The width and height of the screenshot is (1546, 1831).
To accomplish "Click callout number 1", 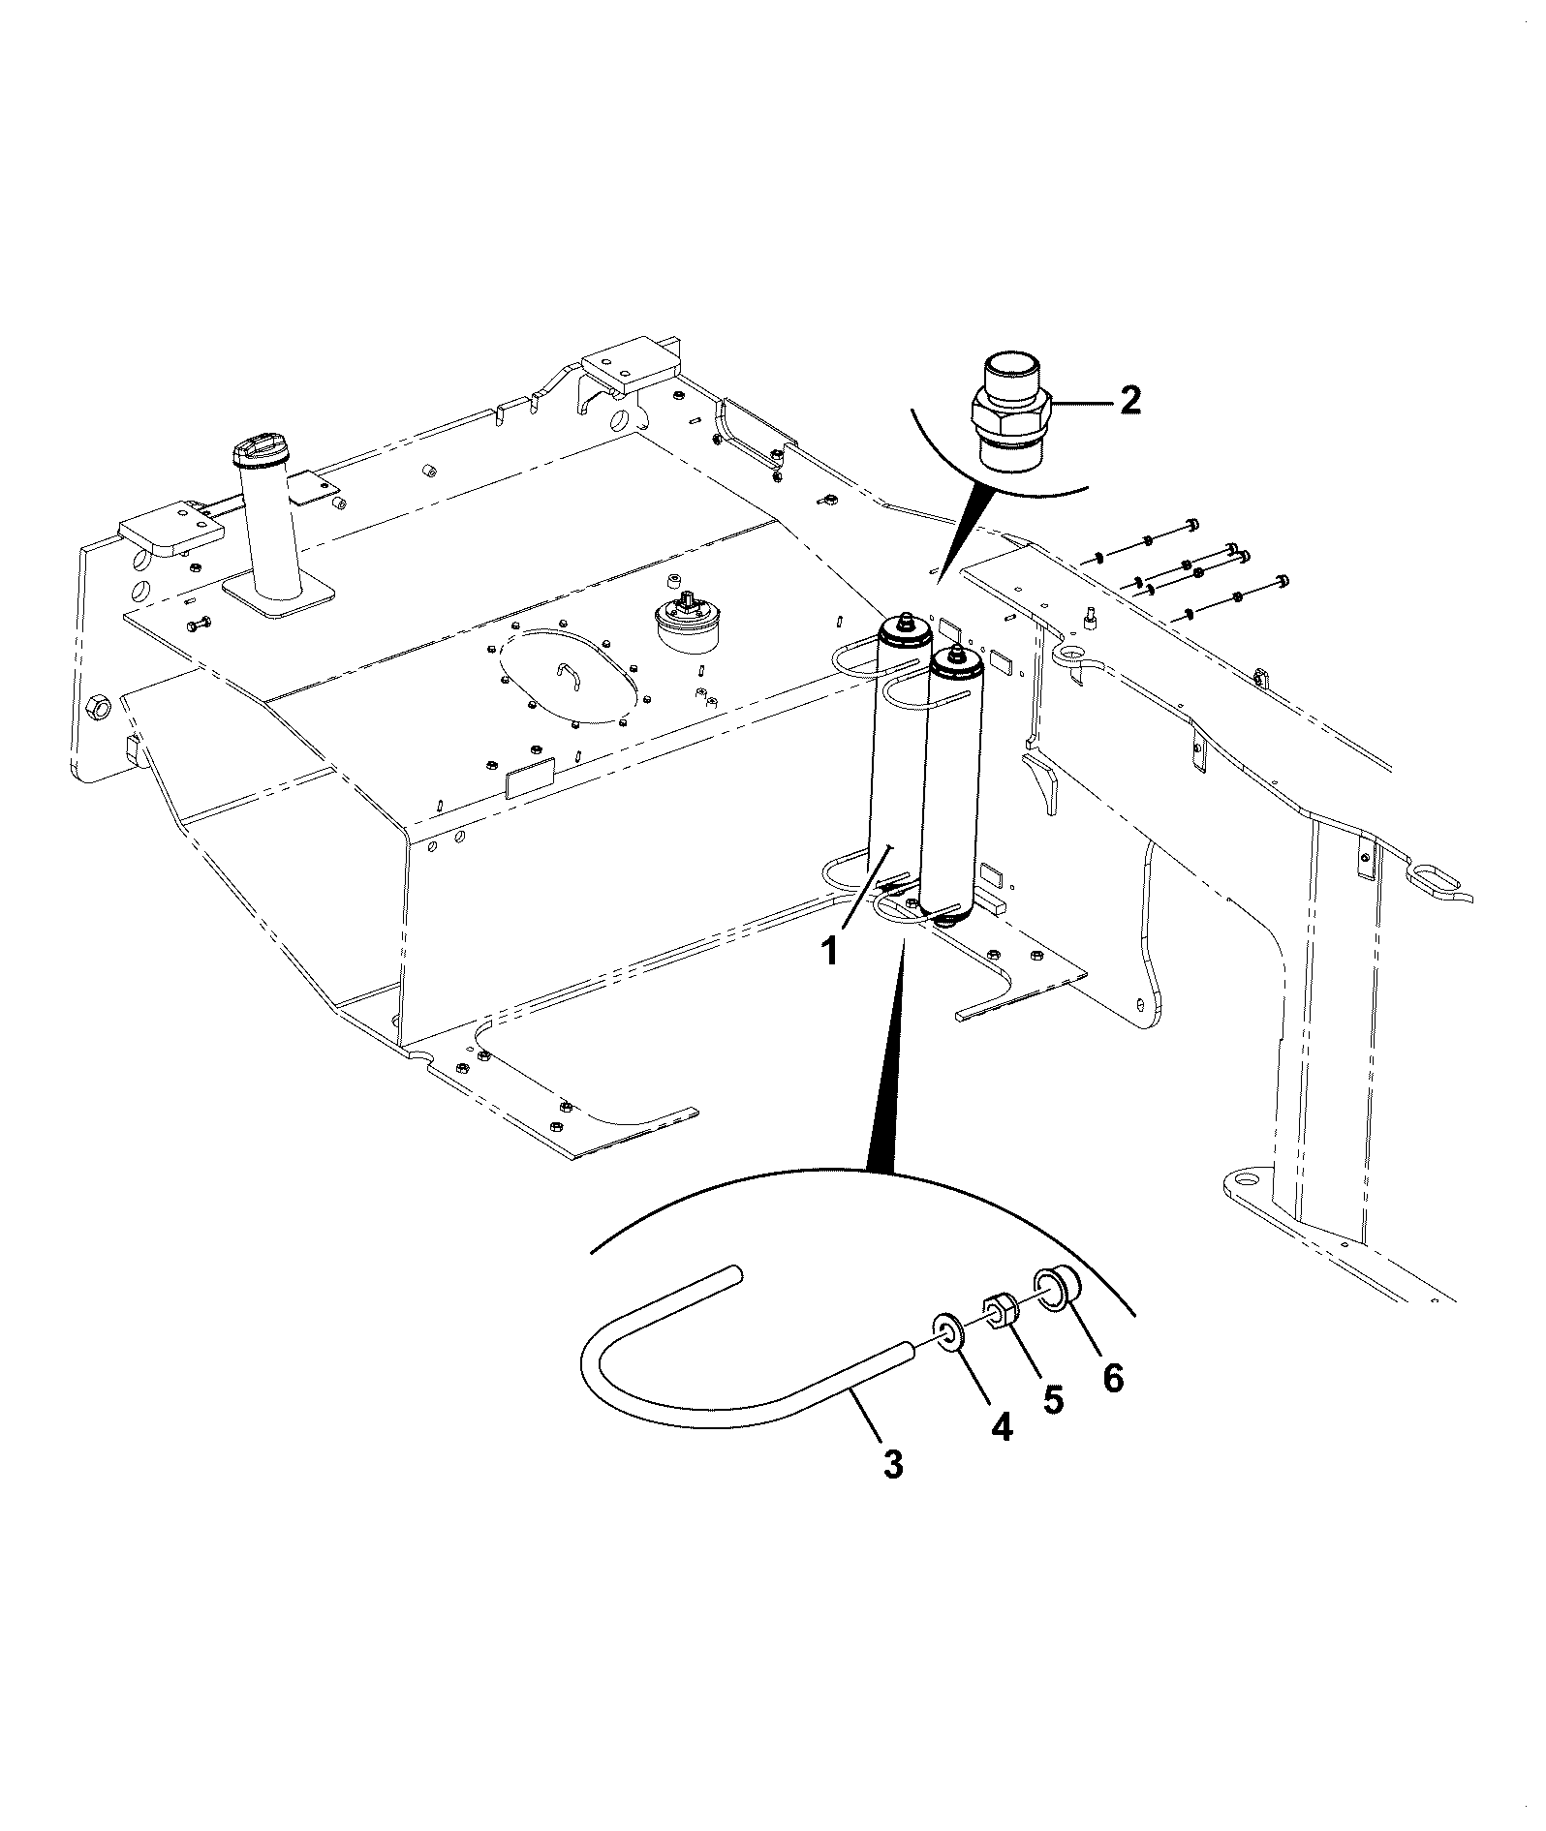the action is [x=829, y=952].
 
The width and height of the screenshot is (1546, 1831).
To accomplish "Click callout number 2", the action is [x=1129, y=400].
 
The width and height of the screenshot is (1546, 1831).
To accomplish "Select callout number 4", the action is [x=1002, y=1424].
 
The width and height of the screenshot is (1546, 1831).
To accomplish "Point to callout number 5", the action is [x=1053, y=1398].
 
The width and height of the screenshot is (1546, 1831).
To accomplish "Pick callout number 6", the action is [x=1113, y=1377].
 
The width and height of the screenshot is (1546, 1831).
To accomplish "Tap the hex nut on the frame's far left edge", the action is [x=99, y=707].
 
